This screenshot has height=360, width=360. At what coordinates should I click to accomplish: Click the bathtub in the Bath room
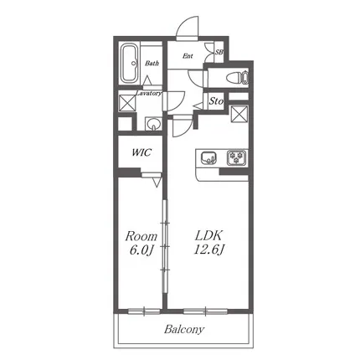tap(130, 64)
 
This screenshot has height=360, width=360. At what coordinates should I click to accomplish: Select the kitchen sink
tap(208, 158)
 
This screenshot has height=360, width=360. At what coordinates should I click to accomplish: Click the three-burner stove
tap(237, 157)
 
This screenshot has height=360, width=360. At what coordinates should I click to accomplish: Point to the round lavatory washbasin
tap(153, 123)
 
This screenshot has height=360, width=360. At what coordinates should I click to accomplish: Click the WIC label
tap(141, 152)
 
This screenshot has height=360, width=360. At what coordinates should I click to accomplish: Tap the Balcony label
tap(184, 329)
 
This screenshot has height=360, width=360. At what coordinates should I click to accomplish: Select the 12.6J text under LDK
tap(209, 249)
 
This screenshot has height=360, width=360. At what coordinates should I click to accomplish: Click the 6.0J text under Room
tap(141, 250)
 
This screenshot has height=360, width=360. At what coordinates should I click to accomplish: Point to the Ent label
tap(188, 56)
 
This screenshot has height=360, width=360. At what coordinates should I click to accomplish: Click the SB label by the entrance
tap(219, 52)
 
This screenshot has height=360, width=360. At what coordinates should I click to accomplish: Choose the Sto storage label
tap(216, 100)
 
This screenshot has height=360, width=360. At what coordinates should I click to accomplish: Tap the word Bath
tap(152, 64)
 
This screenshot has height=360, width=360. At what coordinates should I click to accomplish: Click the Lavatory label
tap(149, 93)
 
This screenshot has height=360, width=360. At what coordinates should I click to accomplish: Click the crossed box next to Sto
tap(239, 114)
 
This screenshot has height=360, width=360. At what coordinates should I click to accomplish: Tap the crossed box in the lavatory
tap(127, 103)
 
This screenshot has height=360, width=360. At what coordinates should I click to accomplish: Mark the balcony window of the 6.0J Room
tap(144, 311)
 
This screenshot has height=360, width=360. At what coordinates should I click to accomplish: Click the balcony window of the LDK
tap(206, 311)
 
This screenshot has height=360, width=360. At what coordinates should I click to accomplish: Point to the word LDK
tap(208, 236)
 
